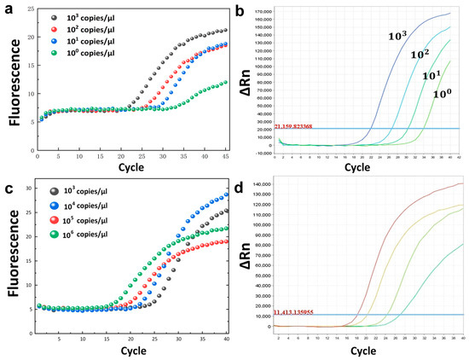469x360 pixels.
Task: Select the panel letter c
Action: click(6, 187)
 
